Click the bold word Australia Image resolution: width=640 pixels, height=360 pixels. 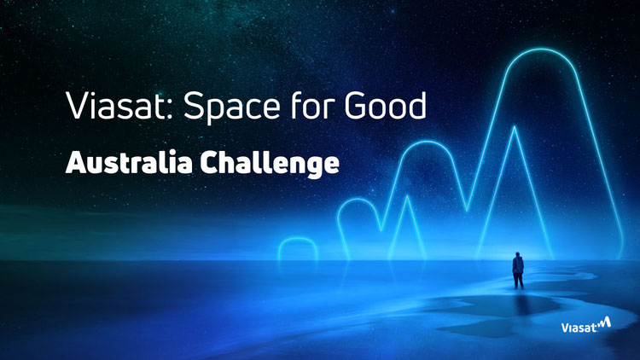tap(129, 162)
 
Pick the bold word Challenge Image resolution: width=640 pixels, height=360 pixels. tap(270, 164)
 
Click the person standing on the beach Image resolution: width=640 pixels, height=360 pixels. tap(518, 270)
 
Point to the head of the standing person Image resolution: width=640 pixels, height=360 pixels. tap(518, 254)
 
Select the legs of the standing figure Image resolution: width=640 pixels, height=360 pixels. tap(518, 281)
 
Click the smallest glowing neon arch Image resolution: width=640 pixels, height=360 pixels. tap(298, 239)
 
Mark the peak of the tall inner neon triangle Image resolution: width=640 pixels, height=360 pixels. tap(515, 126)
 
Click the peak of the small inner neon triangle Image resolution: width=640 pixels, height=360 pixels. tap(407, 196)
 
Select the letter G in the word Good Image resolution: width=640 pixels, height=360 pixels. tap(358, 105)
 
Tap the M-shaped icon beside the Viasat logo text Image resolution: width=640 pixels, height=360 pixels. tap(604, 322)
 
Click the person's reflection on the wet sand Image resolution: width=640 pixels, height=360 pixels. tap(519, 302)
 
